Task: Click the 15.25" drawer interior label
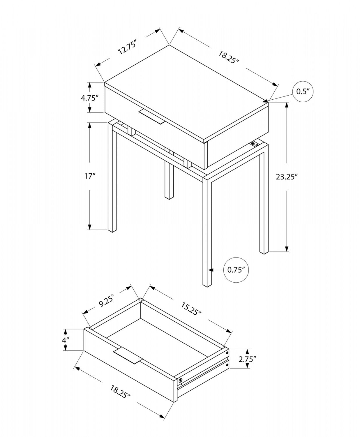coord(191,309)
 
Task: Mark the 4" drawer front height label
coord(66,340)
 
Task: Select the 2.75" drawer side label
coord(247,359)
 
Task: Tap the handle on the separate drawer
coord(128,355)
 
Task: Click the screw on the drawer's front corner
coord(181,380)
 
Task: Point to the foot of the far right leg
coord(263,252)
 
